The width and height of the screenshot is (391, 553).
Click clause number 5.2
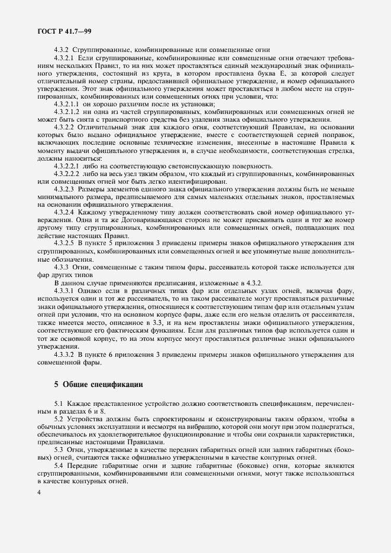click(58, 419)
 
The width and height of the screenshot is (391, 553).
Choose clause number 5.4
click(58, 465)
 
